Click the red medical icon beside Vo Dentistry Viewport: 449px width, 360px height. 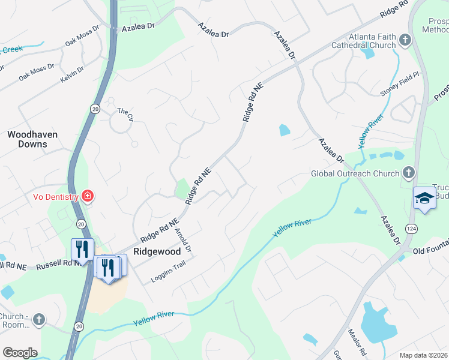tap(88, 196)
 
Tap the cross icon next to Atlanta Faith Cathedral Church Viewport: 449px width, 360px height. tap(405, 40)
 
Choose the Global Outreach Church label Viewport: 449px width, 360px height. tap(355, 173)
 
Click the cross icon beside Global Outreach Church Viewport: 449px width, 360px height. tap(408, 173)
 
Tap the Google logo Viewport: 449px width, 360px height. tap(20, 353)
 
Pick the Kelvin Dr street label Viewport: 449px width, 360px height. tap(72, 75)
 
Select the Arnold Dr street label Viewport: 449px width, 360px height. tap(182, 240)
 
